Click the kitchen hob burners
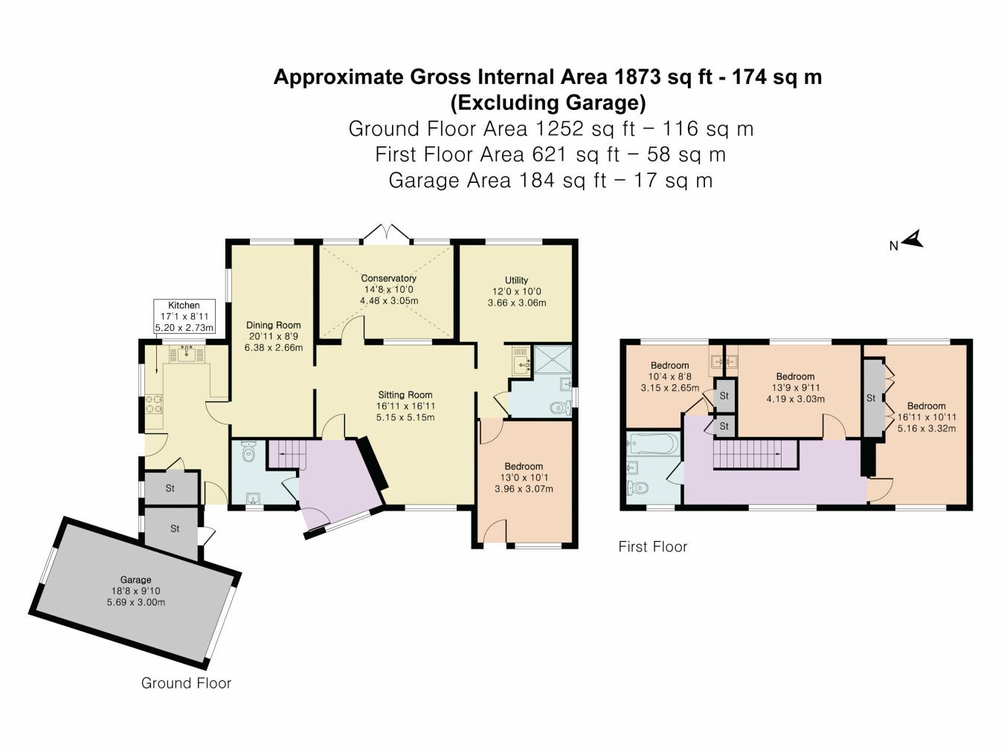tap(154, 404)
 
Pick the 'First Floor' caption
tap(652, 547)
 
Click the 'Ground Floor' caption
tap(186, 683)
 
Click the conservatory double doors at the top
tap(386, 232)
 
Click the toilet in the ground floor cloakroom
tap(249, 450)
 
